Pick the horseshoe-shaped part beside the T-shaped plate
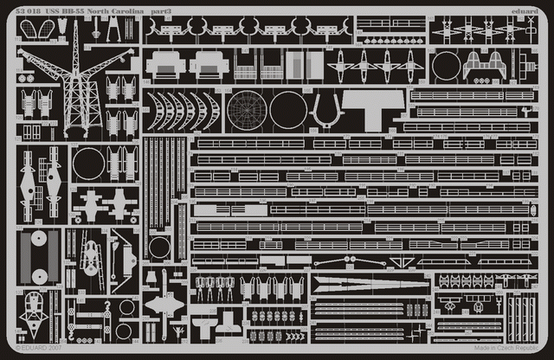[x=326, y=109]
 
